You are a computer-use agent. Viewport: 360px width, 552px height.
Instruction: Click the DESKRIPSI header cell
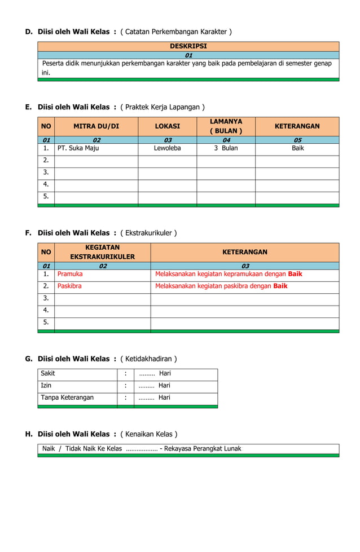[188, 46]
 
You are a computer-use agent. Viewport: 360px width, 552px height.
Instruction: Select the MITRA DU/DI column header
[96, 126]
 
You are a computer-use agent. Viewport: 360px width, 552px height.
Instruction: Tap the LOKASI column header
[167, 126]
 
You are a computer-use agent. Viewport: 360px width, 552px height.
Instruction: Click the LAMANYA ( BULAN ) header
[226, 126]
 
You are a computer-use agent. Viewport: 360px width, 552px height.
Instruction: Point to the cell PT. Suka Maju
[78, 148]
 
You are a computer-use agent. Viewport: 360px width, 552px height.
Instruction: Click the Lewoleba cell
[167, 148]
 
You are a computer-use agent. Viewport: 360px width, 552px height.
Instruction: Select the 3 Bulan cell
[226, 148]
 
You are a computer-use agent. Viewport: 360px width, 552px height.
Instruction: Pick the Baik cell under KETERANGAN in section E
[297, 148]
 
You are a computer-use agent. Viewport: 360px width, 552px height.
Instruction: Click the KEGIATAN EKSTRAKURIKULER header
[102, 252]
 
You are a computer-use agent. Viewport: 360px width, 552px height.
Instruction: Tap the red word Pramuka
[70, 274]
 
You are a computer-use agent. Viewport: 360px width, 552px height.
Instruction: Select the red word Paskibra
[69, 286]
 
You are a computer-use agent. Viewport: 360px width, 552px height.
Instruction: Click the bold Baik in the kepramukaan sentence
[295, 274]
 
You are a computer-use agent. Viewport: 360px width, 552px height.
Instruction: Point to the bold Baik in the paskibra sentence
[280, 286]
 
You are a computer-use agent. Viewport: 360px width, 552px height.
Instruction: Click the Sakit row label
[48, 373]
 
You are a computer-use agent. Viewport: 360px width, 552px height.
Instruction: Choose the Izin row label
[46, 386]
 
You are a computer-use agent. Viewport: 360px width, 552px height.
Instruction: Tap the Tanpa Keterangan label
[67, 398]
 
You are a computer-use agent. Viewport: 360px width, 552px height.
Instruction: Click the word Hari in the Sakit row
[165, 373]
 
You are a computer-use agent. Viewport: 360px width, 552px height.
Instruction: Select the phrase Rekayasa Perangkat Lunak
[203, 449]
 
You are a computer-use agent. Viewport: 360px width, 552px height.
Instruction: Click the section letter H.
[29, 434]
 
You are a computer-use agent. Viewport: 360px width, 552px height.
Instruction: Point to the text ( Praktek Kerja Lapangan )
[163, 107]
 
